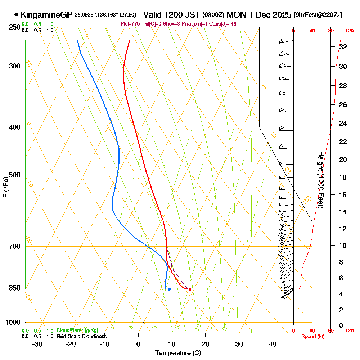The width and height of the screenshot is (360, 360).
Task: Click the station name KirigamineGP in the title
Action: (47, 15)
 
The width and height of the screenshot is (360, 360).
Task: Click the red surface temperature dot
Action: (190, 289)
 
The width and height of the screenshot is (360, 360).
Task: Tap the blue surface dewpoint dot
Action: (169, 289)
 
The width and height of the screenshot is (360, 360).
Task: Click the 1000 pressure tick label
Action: (13, 323)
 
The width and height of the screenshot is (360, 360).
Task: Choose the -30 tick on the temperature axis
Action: (37, 344)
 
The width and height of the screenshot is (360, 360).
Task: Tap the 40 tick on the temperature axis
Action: (273, 344)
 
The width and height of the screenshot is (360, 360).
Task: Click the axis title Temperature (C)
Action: (178, 353)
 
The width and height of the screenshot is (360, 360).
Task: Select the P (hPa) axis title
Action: (6, 187)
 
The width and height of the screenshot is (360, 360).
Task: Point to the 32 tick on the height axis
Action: (343, 47)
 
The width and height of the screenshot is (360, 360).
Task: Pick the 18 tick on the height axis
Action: (343, 177)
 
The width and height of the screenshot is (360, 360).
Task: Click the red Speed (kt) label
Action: (312, 336)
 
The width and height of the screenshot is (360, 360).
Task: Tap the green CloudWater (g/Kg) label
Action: (77, 330)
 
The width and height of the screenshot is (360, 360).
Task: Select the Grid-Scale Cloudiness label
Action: (81, 336)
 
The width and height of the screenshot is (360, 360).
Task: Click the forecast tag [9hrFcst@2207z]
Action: (318, 15)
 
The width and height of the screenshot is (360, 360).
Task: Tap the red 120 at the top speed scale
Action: (349, 31)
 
